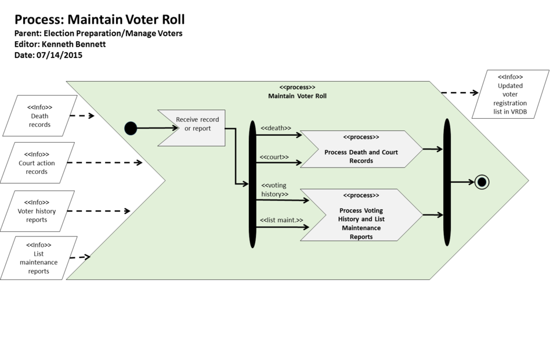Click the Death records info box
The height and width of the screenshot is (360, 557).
[x=39, y=116]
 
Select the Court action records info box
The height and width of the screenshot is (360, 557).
[x=37, y=163]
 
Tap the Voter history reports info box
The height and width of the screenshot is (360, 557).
[x=37, y=211]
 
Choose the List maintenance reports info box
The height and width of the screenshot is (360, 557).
[x=39, y=258]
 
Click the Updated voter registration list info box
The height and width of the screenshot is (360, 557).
[x=510, y=94]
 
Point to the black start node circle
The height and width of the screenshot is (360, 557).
[x=131, y=128]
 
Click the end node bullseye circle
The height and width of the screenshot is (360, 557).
[x=481, y=182]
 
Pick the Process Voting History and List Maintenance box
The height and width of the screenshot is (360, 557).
[x=361, y=215]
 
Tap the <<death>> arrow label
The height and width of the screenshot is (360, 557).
[x=276, y=128]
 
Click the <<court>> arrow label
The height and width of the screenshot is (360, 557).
[x=274, y=157]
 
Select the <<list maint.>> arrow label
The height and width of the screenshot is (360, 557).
[x=281, y=220]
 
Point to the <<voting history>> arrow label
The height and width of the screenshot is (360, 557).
[x=274, y=190]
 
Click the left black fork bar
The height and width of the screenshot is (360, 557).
[x=252, y=184]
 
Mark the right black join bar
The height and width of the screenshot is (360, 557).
[x=447, y=182]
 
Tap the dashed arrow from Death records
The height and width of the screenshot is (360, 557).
[x=82, y=116]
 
